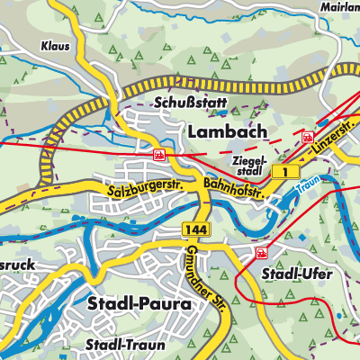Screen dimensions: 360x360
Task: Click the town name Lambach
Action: (x=228, y=131)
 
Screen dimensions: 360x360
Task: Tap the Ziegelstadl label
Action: (x=248, y=163)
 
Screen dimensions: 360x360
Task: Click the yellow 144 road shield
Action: (x=194, y=230)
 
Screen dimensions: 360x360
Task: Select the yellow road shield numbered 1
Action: (x=286, y=171)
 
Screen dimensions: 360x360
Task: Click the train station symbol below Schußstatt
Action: (x=159, y=154)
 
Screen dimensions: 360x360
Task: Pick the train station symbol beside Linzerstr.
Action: (x=309, y=137)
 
